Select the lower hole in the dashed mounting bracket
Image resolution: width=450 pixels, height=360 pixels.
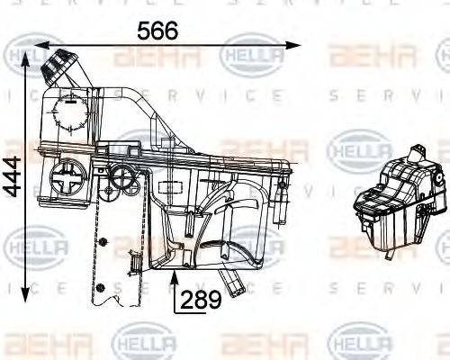point(102,287)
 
